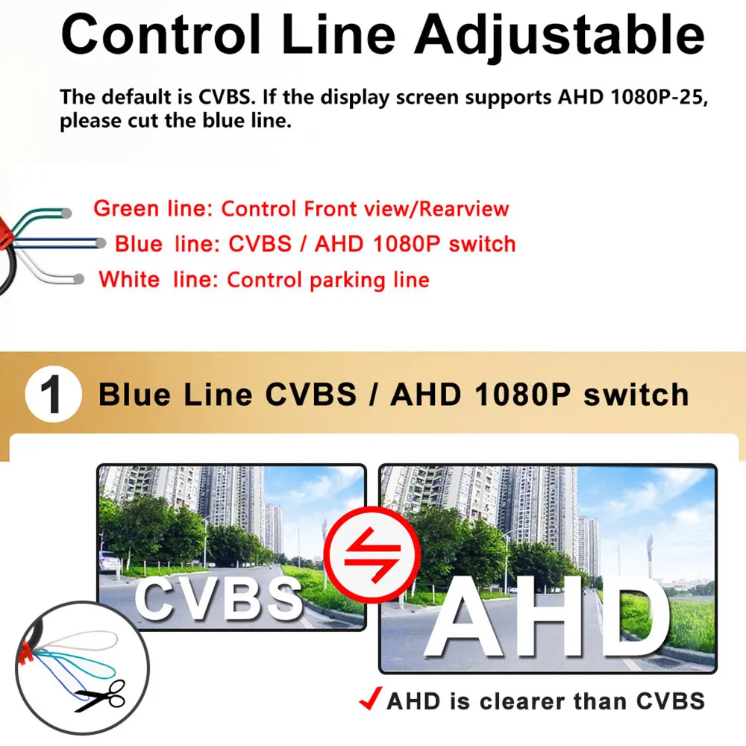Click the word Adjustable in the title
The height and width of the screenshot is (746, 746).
(559, 37)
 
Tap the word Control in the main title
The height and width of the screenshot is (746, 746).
(161, 34)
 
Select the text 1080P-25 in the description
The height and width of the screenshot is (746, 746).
(657, 97)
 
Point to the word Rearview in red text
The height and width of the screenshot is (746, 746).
(464, 209)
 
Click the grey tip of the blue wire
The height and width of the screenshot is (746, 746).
(101, 244)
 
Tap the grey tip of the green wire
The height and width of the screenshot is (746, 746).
(67, 213)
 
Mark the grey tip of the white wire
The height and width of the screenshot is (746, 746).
(79, 279)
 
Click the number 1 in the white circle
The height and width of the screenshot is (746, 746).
(51, 395)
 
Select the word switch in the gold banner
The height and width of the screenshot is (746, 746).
(636, 395)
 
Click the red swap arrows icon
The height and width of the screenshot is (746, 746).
(372, 555)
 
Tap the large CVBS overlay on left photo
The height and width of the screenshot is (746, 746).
(219, 598)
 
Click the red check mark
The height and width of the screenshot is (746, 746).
(370, 698)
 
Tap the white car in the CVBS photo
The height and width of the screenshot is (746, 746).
(110, 562)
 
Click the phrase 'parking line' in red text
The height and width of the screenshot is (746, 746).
(369, 280)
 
